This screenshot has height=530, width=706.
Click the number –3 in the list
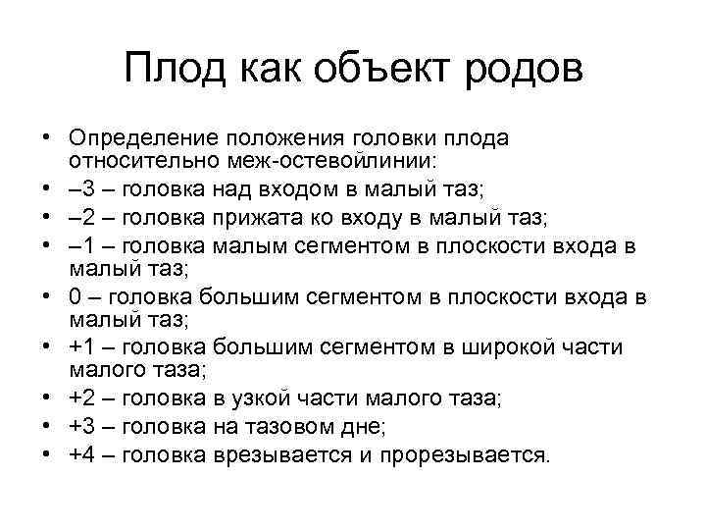[x=81, y=188]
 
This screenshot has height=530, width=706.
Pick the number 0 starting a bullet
[x=76, y=295]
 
